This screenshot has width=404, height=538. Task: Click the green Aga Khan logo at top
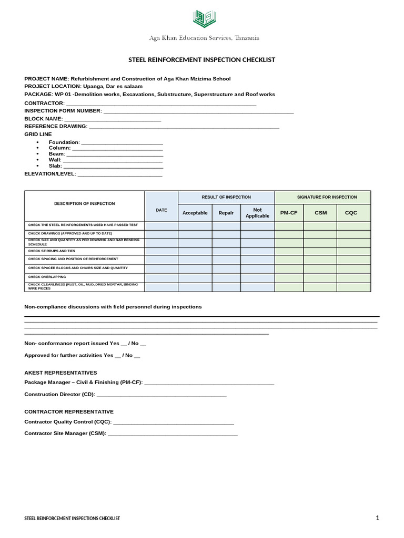tap(204, 19)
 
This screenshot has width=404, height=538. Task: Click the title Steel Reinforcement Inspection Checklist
tap(202, 60)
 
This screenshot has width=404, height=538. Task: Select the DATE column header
tap(161, 210)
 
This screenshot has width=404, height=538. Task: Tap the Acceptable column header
tap(195, 213)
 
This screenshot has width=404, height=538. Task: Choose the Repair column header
tap(226, 213)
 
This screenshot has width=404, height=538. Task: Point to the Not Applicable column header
tap(257, 213)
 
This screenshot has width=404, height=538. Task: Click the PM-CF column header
tap(289, 213)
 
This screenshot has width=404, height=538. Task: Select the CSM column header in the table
tap(320, 213)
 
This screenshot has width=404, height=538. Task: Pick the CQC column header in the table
tap(351, 213)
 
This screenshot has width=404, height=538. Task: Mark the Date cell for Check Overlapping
tap(161, 277)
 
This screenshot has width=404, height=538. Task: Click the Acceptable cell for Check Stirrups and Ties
tap(195, 252)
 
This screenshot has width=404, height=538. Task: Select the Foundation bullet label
tap(64, 142)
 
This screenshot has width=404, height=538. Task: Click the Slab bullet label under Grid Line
tap(55, 166)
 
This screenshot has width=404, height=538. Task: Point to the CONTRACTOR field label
tap(44, 104)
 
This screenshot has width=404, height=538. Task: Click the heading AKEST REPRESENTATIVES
tap(60, 373)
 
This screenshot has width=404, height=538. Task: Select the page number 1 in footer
tap(377, 518)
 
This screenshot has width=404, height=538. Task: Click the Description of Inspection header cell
tap(85, 203)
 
